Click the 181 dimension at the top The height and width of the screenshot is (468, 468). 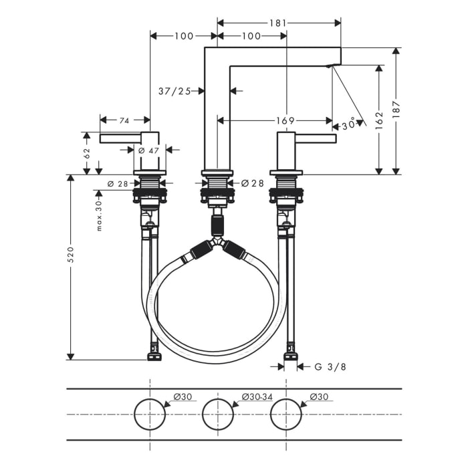(278, 23)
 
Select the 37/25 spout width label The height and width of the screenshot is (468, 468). (175, 91)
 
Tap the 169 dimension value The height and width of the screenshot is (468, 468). (285, 121)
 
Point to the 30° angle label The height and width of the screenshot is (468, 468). (348, 125)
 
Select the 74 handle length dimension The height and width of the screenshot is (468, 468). (124, 120)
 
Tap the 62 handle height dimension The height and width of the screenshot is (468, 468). (86, 152)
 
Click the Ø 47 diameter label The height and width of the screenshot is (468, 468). (148, 150)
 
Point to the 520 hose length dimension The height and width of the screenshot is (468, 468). (70, 254)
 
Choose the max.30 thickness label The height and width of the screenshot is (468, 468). (99, 215)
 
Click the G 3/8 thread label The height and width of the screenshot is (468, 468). (330, 366)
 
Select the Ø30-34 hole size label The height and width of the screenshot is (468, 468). (257, 397)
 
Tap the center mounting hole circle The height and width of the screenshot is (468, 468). (217, 415)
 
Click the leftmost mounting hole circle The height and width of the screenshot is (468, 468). (150, 415)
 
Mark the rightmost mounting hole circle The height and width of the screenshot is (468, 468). (286, 415)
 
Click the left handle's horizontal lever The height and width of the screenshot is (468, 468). (120, 138)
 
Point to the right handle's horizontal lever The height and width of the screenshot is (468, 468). (316, 138)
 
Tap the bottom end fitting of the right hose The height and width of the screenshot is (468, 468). (290, 352)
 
